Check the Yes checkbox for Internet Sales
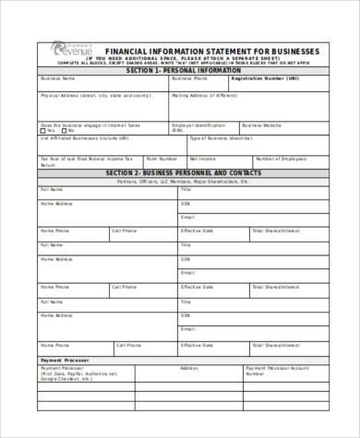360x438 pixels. [x=42, y=130]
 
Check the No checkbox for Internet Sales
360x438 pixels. [x=70, y=130]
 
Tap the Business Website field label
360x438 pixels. [x=264, y=124]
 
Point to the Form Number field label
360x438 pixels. [x=162, y=158]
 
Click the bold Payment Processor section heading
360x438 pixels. [x=62, y=359]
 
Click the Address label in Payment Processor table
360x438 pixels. [x=188, y=367]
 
